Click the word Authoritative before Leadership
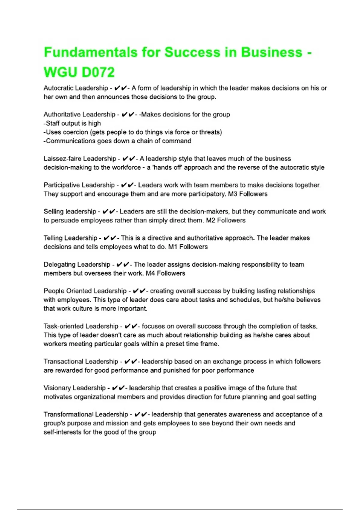coord(62,115)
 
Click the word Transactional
coord(62,361)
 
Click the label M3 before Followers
coord(232,194)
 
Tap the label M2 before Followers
coord(210,220)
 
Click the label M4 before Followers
coord(150,274)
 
